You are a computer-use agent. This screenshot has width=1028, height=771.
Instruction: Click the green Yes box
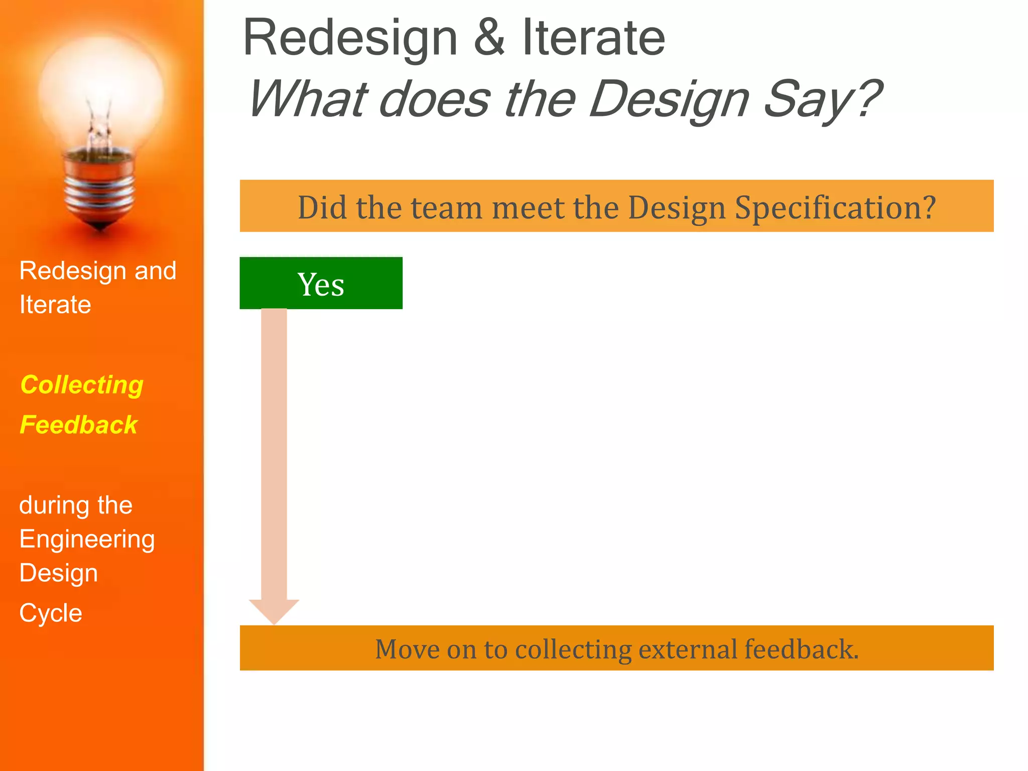tap(321, 283)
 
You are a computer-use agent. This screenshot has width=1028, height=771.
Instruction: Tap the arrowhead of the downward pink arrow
tap(274, 611)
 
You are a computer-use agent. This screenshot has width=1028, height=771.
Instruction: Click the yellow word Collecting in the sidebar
tap(82, 385)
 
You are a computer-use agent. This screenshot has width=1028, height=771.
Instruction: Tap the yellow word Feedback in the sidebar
tap(78, 425)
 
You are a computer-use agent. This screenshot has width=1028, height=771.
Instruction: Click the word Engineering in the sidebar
tap(87, 540)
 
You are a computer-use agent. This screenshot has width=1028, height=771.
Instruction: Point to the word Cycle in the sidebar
tap(51, 613)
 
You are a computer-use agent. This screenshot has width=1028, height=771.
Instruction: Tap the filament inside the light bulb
tap(99, 128)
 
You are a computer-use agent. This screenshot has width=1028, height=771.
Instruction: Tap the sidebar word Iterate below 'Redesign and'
tap(55, 305)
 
